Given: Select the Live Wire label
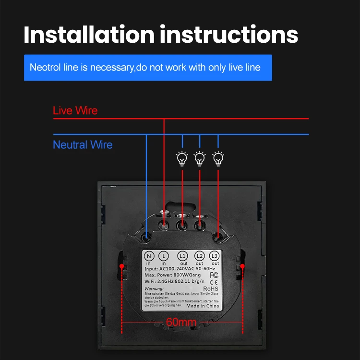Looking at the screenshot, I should pos(75,111).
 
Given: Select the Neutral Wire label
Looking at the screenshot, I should pos(83,144).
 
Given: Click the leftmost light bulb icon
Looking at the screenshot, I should pos(182,158).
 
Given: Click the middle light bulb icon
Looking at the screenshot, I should pos(200,158).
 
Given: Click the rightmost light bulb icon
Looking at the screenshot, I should pos(218,158).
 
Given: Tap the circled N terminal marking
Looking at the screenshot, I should pos(149,256).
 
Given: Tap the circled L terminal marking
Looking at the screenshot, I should pos(163,256).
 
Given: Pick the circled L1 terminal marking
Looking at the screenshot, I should pos(183,256).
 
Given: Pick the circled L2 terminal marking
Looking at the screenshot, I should pos(200,256).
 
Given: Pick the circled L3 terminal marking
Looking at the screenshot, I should pos(215,256).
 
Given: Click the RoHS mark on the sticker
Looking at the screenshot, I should pos(211,288).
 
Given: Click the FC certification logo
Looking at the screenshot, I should pos(214,276).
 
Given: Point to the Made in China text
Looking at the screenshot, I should pos(203,306).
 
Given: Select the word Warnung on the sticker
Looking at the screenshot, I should pos(154,288).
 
